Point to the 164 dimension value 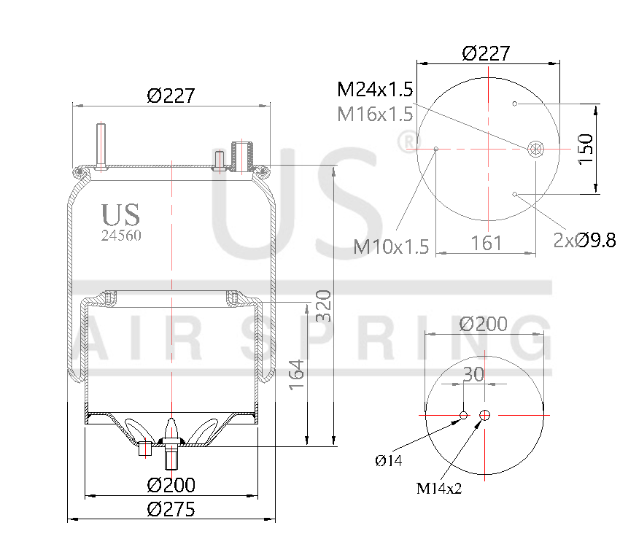coord(297,373)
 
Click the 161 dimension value coord(486,242)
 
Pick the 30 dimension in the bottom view coord(473,373)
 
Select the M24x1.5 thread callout coord(375,90)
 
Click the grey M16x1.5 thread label coord(375,114)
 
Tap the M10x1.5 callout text coord(391,247)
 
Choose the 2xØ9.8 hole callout coord(584,240)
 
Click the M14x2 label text coord(439,488)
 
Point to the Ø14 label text coord(389,459)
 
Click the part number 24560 coord(121,236)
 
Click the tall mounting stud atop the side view coord(101,146)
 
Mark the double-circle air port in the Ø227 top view coord(536,149)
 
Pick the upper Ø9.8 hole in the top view coord(515,104)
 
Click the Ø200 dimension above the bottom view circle coord(484,324)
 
